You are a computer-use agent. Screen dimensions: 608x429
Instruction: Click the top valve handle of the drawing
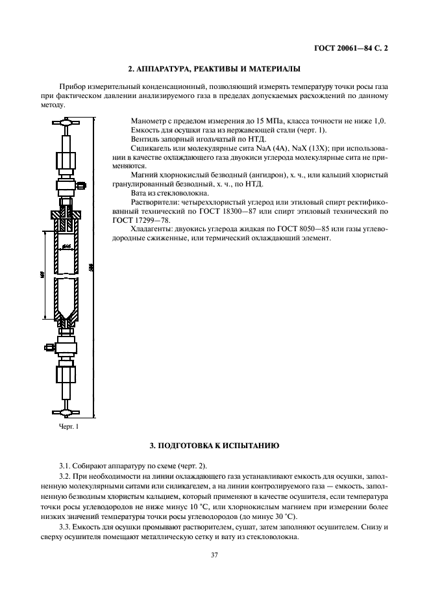(x=66, y=122)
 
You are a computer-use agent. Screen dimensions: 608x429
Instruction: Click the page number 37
(x=214, y=554)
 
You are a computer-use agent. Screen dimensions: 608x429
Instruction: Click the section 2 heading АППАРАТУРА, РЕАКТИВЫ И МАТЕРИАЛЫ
(x=214, y=68)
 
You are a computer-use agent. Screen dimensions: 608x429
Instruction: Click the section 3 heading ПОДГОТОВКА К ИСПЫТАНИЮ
(x=214, y=446)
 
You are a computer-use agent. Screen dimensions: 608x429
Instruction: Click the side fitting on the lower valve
(x=49, y=348)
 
